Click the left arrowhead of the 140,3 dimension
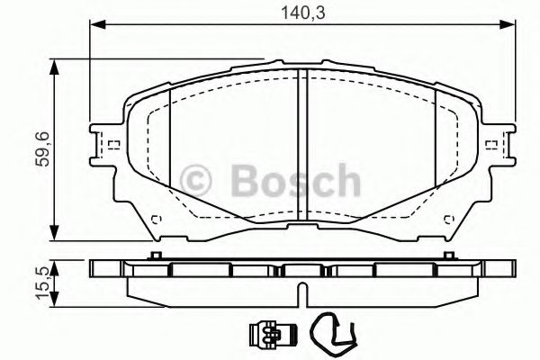(x=94, y=27)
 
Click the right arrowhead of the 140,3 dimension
(x=511, y=27)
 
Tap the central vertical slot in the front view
(x=301, y=144)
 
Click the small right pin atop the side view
(x=444, y=257)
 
